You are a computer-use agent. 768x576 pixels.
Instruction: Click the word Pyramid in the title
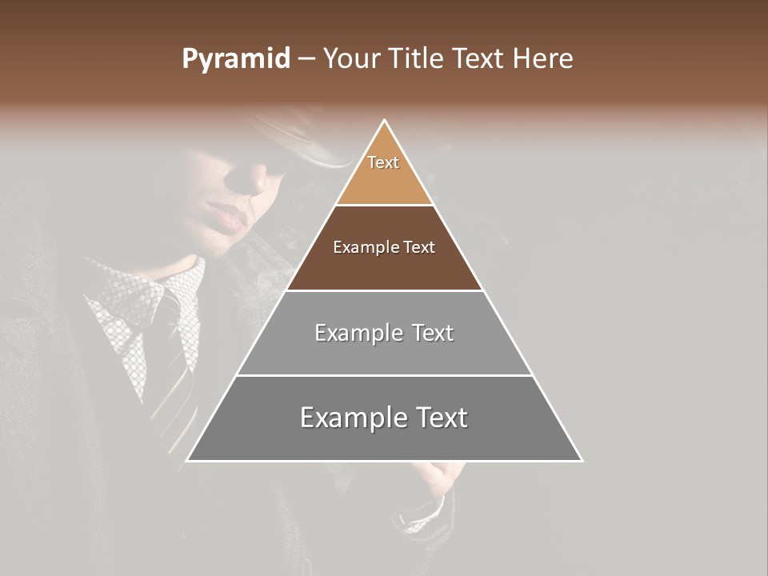[236, 59]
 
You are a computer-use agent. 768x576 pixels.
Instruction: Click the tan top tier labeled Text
[384, 173]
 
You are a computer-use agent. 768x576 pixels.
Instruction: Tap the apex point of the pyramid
[385, 121]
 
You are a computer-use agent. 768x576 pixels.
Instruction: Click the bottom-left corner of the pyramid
[188, 460]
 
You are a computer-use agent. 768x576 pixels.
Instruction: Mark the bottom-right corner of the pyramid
[582, 460]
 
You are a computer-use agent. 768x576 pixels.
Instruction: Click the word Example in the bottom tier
[350, 418]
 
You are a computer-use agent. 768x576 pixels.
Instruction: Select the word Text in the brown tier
[418, 248]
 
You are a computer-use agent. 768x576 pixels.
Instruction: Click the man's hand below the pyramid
[436, 478]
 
